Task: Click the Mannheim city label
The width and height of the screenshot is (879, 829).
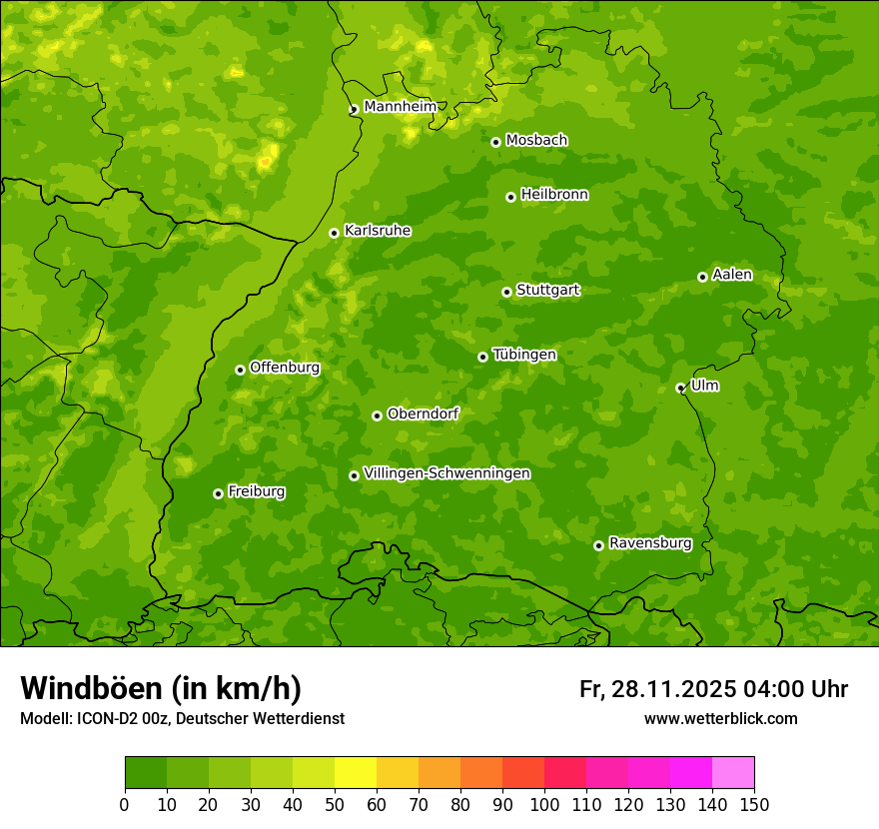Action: [x=400, y=106]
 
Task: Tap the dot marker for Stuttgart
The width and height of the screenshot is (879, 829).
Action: [x=506, y=292]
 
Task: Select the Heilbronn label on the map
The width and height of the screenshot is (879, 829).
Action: [x=554, y=194]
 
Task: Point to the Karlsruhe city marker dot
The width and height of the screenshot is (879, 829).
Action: [x=334, y=233]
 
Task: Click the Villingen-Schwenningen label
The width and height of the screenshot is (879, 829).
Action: [x=446, y=472]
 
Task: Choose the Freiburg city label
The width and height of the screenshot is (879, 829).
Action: [x=256, y=490]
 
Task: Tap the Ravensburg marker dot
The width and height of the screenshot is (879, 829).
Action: [x=598, y=545]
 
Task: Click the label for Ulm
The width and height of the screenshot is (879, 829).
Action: [x=704, y=385]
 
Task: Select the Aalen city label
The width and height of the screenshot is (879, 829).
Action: [x=732, y=274]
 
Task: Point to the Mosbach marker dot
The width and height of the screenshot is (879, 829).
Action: [x=495, y=142]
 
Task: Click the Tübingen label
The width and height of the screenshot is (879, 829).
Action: [x=524, y=354]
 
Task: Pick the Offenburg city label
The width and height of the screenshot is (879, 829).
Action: [x=285, y=367]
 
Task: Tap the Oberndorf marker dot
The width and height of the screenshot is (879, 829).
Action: [x=377, y=415]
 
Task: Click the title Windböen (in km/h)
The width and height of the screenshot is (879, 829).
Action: [x=161, y=688]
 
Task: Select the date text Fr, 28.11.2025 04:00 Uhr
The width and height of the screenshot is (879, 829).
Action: [x=713, y=689]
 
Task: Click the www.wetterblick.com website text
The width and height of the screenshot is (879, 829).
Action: [x=720, y=718]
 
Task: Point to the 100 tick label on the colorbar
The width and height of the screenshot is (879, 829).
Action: [x=544, y=804]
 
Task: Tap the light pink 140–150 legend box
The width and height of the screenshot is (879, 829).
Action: [x=733, y=772]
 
